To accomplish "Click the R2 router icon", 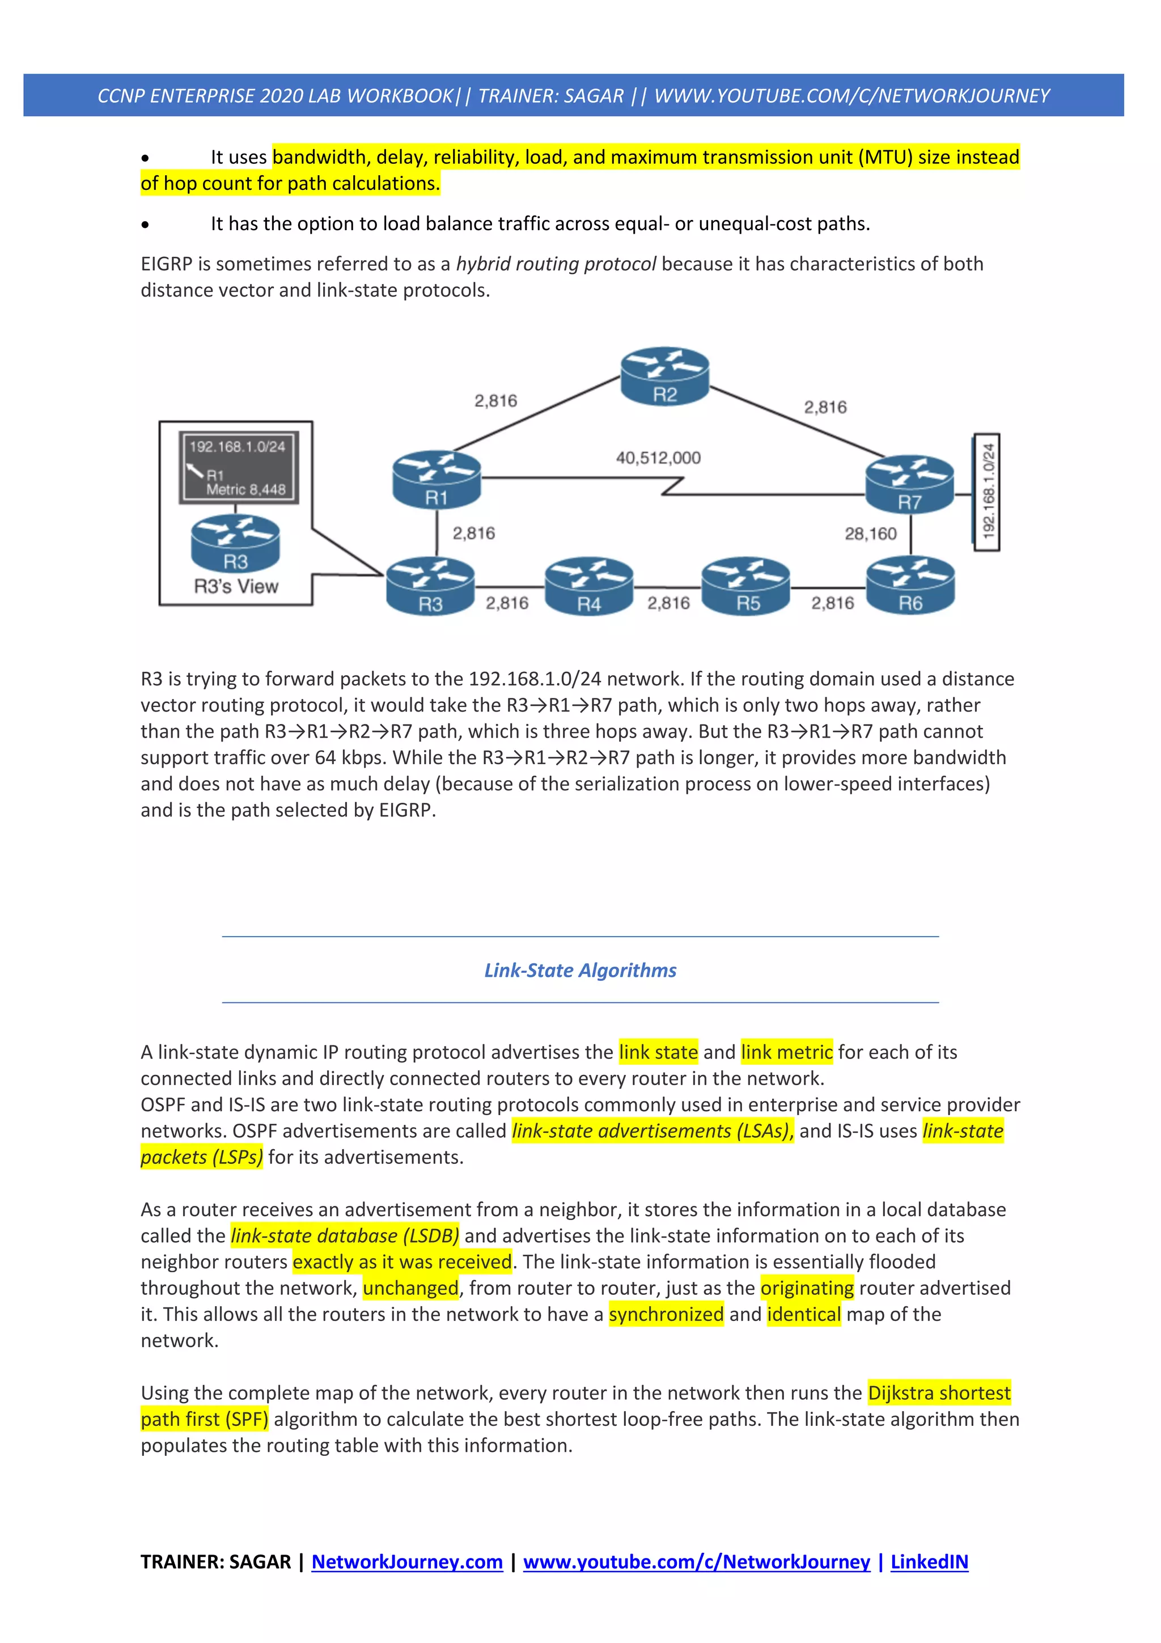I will click(664, 376).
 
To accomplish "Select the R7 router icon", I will click(909, 485).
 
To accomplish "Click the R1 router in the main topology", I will click(437, 480).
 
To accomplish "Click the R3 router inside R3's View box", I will click(235, 543).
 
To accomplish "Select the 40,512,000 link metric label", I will click(658, 458).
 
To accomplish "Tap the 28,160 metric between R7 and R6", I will click(870, 534).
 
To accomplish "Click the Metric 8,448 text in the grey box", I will click(245, 489).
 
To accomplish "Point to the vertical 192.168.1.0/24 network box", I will click(987, 492).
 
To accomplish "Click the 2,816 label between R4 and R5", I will click(668, 603).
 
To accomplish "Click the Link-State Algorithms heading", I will click(580, 971).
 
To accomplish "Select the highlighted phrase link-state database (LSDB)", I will click(345, 1236).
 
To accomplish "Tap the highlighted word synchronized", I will click(666, 1315).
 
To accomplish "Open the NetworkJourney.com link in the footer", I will click(407, 1561).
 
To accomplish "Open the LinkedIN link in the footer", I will click(929, 1561).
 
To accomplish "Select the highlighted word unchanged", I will click(410, 1288).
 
